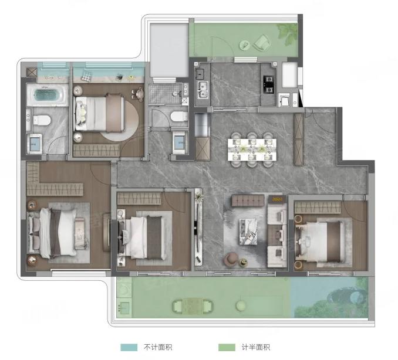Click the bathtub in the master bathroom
click(48, 95)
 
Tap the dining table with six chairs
click(252, 150)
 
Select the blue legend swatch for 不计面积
click(129, 347)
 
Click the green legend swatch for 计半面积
click(227, 347)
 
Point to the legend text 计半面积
click(256, 347)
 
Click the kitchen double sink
click(203, 90)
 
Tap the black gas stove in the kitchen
click(269, 84)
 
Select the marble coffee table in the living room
click(248, 232)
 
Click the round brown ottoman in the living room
click(231, 260)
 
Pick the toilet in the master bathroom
click(42, 120)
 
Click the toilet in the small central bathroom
click(179, 117)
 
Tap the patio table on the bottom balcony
click(193, 307)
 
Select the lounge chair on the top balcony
click(261, 43)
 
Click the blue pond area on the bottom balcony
click(329, 297)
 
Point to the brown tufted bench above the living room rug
click(248, 201)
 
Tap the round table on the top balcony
click(244, 45)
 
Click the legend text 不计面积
click(158, 347)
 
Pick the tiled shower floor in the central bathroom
click(165, 94)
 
